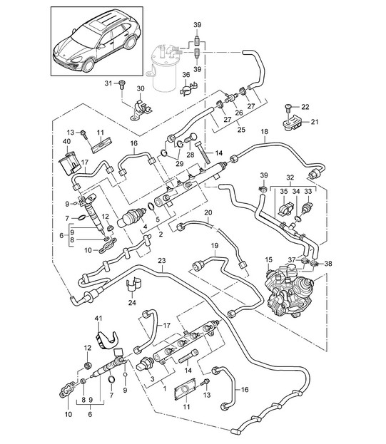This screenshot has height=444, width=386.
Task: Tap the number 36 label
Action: tap(186, 75)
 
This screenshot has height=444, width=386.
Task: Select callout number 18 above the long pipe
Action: tap(265, 132)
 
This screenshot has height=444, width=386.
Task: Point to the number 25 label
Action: tap(241, 130)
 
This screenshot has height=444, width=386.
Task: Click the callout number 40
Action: tap(67, 141)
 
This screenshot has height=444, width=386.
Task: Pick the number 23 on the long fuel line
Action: tap(162, 261)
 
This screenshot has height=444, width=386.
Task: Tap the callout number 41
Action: tap(98, 319)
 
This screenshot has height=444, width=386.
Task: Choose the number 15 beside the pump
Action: tap(269, 259)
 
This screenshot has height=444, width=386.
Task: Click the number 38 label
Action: tap(328, 264)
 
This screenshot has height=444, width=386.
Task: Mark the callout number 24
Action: tap(132, 303)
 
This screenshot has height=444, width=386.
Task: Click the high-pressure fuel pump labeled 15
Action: tap(289, 290)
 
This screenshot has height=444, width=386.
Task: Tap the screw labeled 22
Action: tap(288, 108)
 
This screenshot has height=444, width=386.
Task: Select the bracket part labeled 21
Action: tap(292, 124)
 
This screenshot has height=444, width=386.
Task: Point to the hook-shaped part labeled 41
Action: tap(107, 339)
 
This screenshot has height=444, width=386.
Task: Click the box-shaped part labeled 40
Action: tap(68, 163)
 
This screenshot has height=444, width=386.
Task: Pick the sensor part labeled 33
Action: tap(307, 207)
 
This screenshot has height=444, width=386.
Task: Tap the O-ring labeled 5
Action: tap(152, 207)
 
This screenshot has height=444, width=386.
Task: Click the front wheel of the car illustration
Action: tap(88, 66)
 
